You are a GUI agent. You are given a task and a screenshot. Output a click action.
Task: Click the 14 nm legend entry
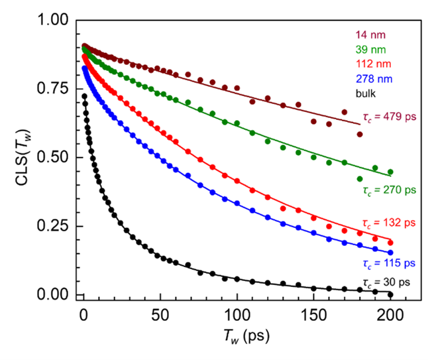coord(370,34)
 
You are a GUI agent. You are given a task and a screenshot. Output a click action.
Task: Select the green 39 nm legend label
coord(370,49)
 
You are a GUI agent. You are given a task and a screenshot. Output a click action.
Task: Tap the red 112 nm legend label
coord(372,64)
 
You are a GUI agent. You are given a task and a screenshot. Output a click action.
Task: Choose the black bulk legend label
coord(366,93)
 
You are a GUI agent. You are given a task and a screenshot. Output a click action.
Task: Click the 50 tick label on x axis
coord(158,313)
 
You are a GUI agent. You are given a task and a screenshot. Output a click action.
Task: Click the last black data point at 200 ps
coord(390,294)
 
